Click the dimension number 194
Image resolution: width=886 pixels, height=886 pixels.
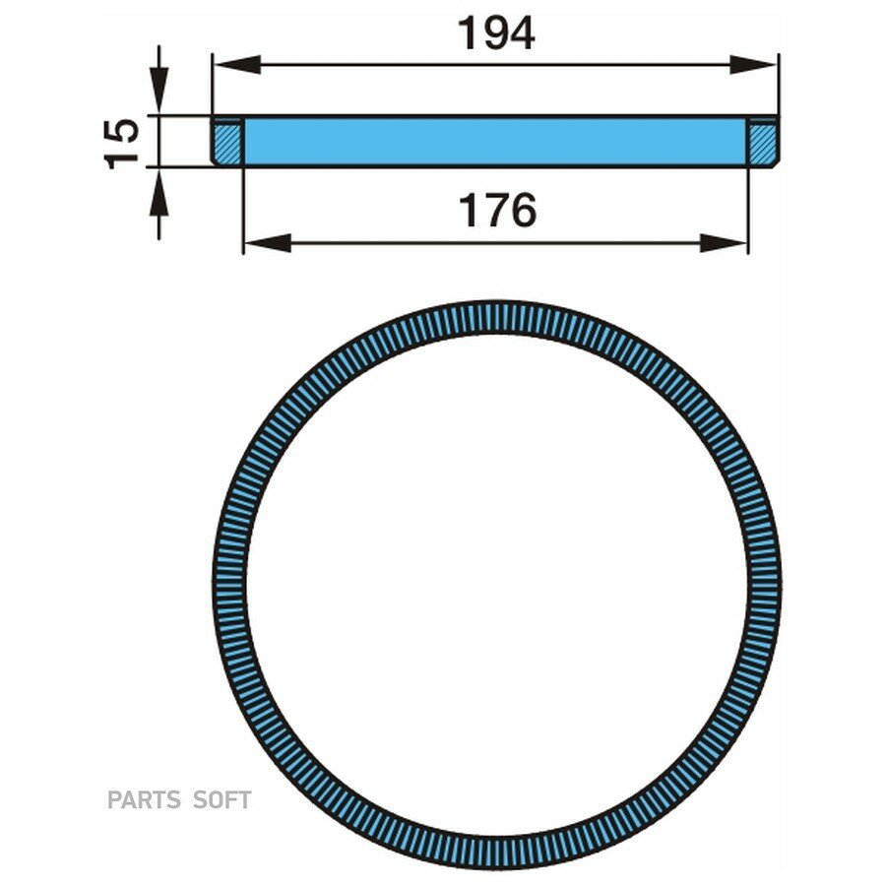coord(496,33)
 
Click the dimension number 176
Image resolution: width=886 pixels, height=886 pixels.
coord(497,211)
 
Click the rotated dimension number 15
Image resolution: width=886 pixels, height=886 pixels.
coord(122,144)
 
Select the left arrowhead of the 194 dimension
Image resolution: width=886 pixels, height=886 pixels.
coord(237,65)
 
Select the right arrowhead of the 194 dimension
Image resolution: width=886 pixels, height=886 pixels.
coord(753,65)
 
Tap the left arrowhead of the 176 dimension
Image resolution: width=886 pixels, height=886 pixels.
coord(268,243)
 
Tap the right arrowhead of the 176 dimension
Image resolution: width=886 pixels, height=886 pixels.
coord(724,243)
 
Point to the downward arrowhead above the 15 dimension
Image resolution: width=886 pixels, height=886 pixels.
coord(158,91)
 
